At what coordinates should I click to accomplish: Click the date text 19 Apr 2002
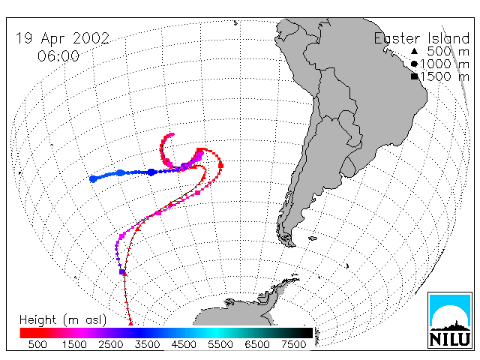click(x=62, y=38)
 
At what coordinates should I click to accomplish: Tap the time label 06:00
click(x=58, y=56)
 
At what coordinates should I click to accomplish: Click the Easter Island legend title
click(x=421, y=38)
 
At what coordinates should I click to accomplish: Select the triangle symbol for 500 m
click(x=414, y=51)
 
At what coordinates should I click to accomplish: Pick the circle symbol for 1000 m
click(x=414, y=64)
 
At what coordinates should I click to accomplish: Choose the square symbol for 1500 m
click(x=415, y=76)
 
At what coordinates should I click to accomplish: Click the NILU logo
click(x=450, y=320)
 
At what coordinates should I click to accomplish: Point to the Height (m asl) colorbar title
click(x=63, y=320)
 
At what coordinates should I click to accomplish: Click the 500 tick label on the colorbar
click(x=37, y=344)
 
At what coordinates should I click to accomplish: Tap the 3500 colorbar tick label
click(x=147, y=344)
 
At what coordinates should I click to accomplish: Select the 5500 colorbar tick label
click(x=220, y=344)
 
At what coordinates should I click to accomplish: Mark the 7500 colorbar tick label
click(x=293, y=344)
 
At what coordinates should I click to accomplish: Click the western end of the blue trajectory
click(x=93, y=179)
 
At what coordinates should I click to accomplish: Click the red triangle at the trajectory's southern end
click(x=130, y=322)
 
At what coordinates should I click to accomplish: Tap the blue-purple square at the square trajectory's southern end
click(x=121, y=271)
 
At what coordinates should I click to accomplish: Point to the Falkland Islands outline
click(x=313, y=238)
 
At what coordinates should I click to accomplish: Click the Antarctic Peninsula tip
click(x=298, y=277)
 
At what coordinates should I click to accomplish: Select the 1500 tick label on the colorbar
click(x=74, y=344)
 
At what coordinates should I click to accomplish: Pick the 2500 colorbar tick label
click(x=110, y=344)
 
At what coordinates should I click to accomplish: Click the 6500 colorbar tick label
click(x=257, y=344)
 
